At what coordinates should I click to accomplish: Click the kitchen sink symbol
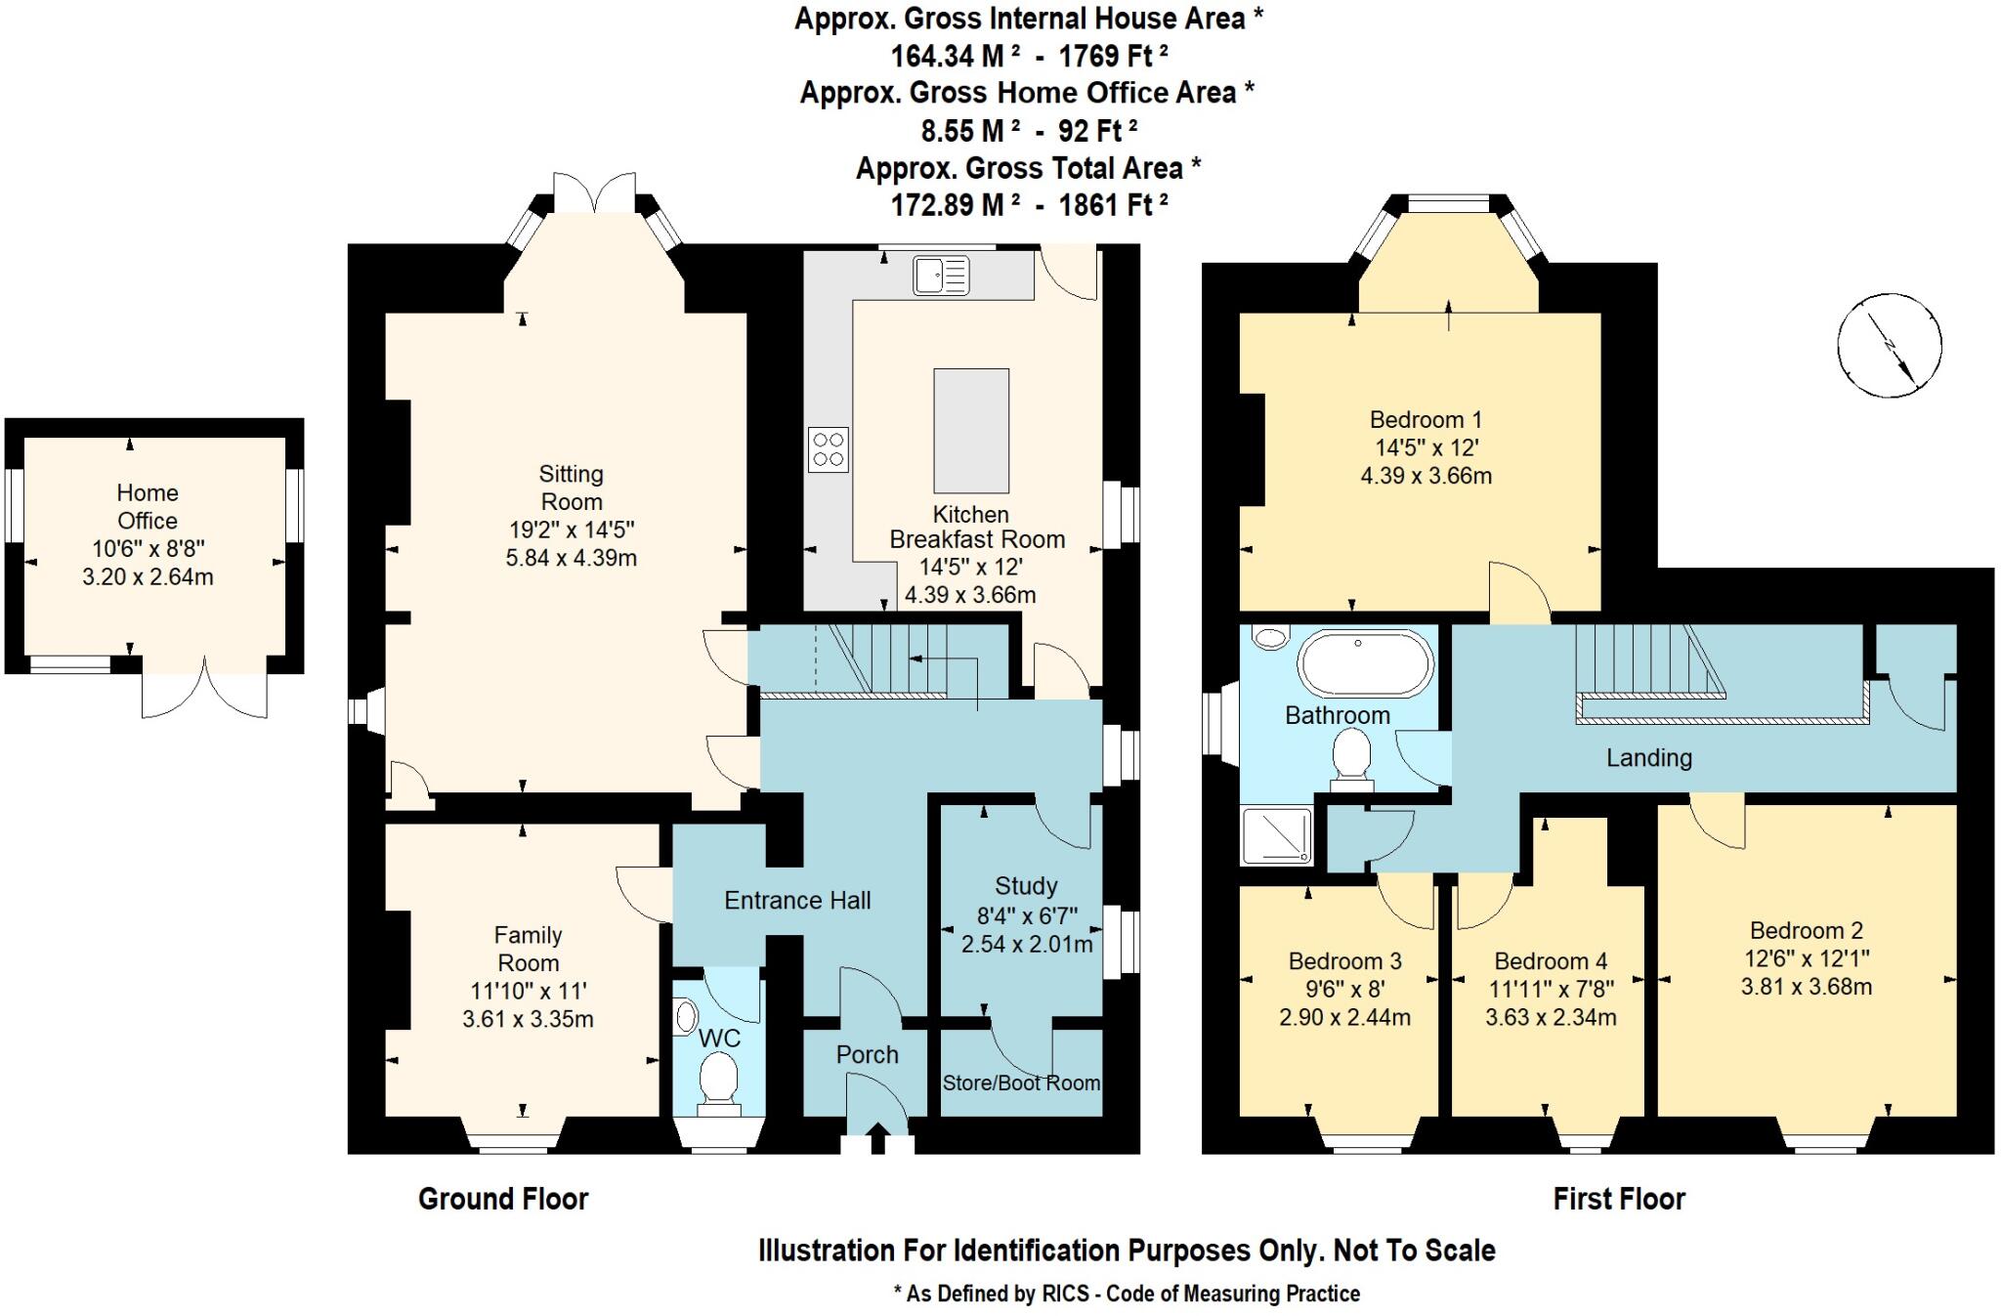(x=941, y=276)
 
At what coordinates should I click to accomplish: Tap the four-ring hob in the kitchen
(x=828, y=450)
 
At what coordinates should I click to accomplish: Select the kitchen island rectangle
(x=970, y=431)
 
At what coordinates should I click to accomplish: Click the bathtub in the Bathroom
(x=1364, y=664)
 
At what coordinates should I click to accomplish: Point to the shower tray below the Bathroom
(x=1276, y=836)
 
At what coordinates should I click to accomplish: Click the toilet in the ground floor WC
(x=720, y=1083)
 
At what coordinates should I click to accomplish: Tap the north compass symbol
(x=1889, y=345)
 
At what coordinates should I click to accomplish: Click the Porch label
(x=867, y=1055)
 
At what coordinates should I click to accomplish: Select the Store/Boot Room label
(x=1021, y=1083)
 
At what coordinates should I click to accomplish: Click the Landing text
(x=1648, y=757)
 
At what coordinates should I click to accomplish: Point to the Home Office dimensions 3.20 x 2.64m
(x=148, y=576)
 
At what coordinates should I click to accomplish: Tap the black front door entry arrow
(x=876, y=1138)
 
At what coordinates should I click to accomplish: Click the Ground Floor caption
(x=503, y=1199)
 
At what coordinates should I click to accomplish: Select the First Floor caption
(x=1619, y=1199)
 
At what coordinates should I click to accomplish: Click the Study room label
(x=1025, y=886)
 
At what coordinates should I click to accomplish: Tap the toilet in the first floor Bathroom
(x=1351, y=758)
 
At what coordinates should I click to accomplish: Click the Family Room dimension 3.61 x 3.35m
(x=528, y=1019)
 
